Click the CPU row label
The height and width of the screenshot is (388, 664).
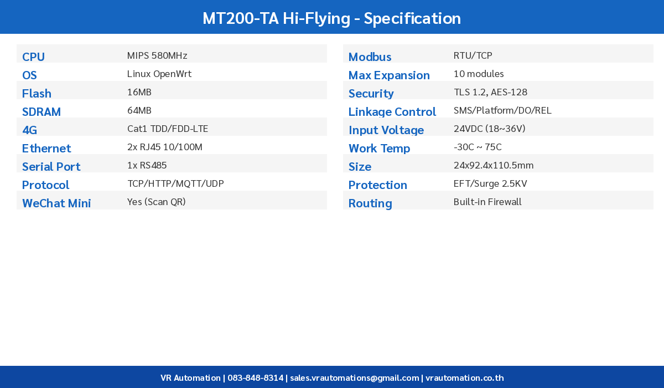33,57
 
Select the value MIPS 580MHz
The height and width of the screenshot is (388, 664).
157,55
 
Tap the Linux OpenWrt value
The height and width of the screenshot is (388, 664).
159,74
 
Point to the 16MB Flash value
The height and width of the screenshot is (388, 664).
139,92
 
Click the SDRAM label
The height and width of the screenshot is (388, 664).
41,112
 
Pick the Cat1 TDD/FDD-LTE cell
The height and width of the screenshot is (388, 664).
168,129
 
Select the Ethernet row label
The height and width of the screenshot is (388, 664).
46,149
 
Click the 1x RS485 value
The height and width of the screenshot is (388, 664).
147,165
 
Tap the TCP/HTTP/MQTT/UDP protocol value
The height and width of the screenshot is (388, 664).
175,183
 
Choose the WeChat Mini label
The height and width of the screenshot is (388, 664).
56,203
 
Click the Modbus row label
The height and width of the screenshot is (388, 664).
370,57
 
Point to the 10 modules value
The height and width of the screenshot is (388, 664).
479,74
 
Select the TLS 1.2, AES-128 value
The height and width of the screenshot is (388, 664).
490,92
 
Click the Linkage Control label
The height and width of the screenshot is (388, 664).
392,112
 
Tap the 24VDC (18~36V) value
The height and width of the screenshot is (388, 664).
489,129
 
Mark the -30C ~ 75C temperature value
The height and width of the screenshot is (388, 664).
478,147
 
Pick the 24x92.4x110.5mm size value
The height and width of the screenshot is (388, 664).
494,165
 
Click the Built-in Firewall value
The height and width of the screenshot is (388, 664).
487,202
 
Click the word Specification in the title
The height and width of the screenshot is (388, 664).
412,18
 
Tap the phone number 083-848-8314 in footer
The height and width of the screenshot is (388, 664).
255,378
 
